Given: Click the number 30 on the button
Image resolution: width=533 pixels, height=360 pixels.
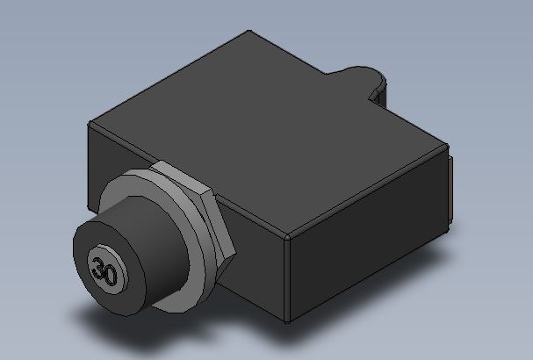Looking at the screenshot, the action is pyautogui.click(x=104, y=270).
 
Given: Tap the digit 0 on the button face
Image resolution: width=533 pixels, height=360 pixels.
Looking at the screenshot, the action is pyautogui.click(x=111, y=276).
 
